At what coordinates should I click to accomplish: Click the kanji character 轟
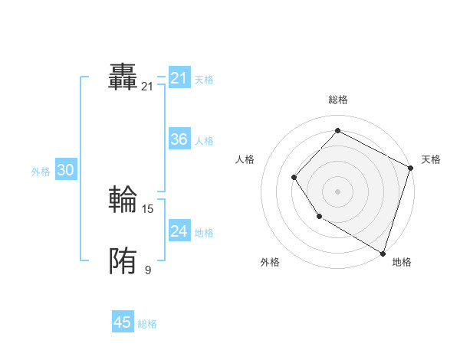click(123, 77)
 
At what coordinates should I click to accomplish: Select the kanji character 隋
click(123, 262)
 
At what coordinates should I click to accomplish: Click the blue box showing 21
click(179, 78)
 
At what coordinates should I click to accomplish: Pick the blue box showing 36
click(179, 139)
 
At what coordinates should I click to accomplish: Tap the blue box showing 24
click(179, 231)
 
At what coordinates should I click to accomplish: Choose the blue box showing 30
click(65, 170)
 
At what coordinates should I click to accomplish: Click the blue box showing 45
click(123, 322)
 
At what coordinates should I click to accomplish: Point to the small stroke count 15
click(148, 208)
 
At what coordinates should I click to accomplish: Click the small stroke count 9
click(148, 270)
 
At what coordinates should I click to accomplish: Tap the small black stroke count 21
click(147, 87)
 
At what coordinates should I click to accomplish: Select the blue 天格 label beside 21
click(204, 79)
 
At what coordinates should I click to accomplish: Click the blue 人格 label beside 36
click(204, 141)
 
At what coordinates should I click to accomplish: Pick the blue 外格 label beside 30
click(41, 172)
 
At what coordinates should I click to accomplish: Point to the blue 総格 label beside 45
click(147, 324)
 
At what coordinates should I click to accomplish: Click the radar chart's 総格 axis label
click(337, 100)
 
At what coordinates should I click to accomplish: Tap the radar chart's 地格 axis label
click(402, 262)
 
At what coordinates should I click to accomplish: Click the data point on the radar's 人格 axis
click(294, 178)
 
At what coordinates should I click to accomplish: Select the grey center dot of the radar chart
click(337, 191)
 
